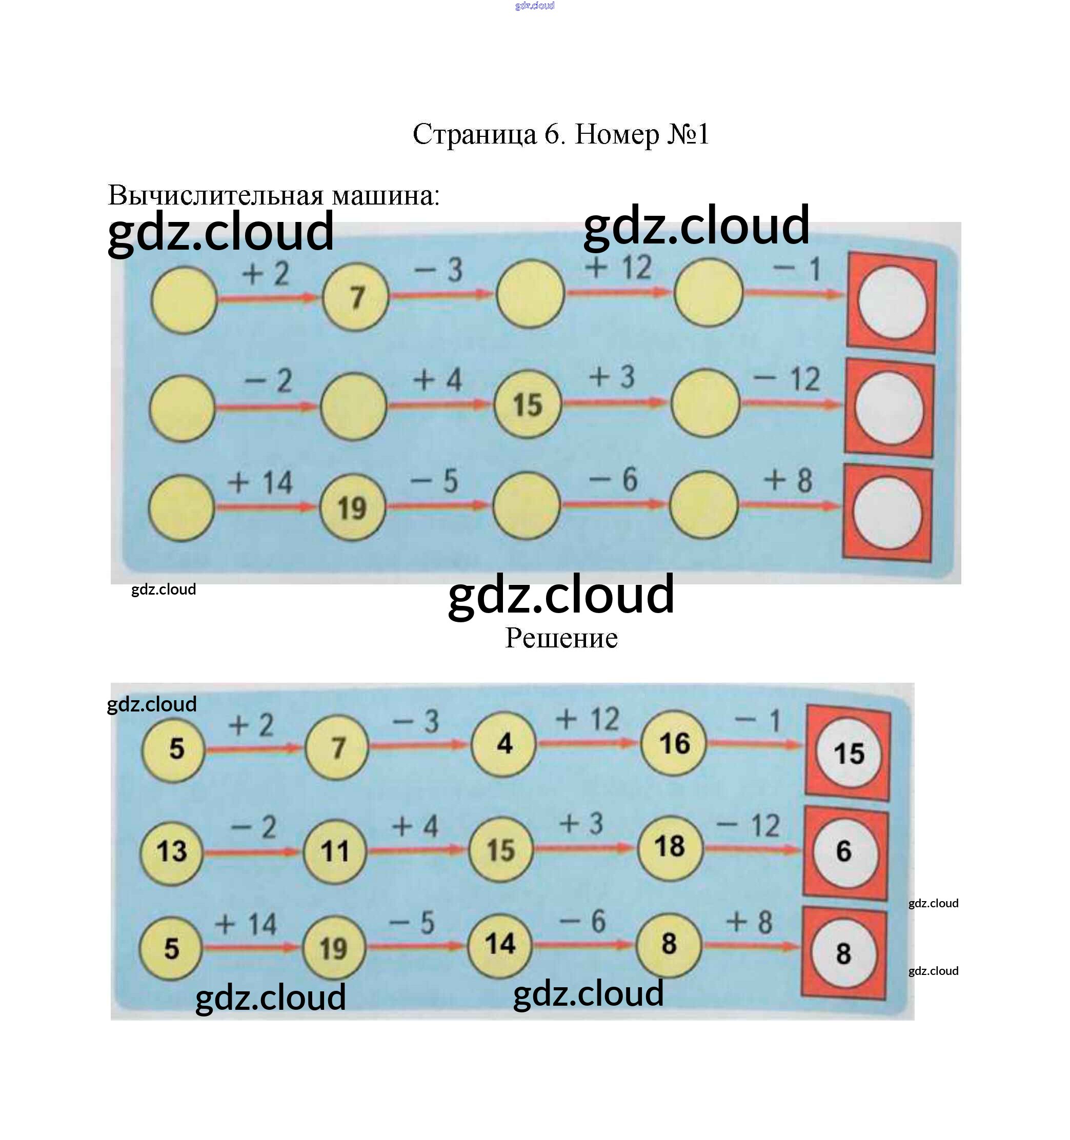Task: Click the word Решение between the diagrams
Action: click(561, 638)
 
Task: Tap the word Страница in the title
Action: click(474, 134)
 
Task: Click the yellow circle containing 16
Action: click(674, 743)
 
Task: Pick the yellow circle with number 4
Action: click(504, 744)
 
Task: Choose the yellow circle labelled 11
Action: click(335, 851)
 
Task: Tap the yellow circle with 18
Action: click(670, 847)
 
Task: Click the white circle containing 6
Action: click(844, 851)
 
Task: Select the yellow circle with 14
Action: click(500, 944)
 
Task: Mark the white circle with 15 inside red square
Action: click(849, 754)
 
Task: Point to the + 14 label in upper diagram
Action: click(260, 482)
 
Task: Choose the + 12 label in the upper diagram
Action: click(619, 268)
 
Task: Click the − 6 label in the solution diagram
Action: click(582, 922)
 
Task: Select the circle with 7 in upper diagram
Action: click(355, 297)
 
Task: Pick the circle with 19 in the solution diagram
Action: click(334, 948)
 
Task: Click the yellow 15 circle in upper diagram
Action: click(528, 405)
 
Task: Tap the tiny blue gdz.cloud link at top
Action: click(534, 6)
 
